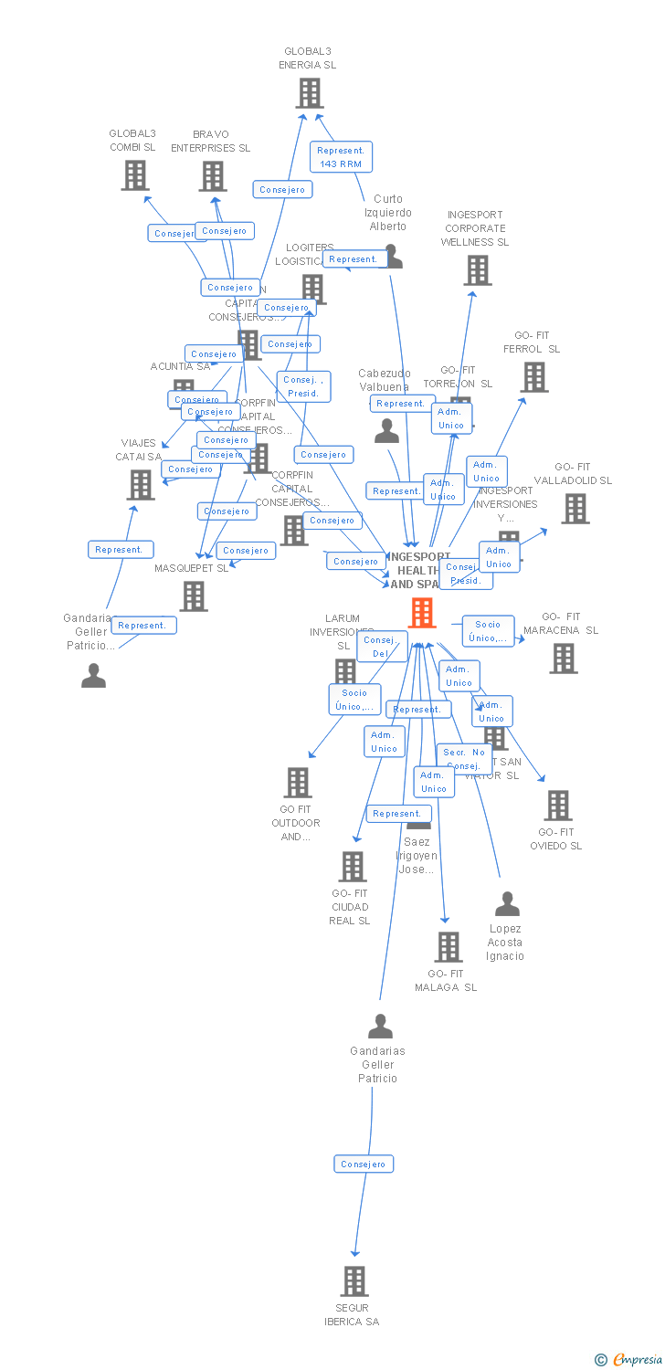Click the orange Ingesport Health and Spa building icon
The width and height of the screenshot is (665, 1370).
(x=421, y=613)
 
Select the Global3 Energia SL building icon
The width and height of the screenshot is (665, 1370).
(x=310, y=93)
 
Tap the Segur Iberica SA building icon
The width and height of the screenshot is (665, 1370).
(x=354, y=1280)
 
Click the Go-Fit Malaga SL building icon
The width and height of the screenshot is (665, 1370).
(x=448, y=947)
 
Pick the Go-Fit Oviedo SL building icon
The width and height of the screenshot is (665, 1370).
(x=557, y=806)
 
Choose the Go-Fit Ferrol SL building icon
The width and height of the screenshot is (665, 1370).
(x=534, y=376)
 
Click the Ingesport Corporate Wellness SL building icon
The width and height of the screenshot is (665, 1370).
(x=477, y=270)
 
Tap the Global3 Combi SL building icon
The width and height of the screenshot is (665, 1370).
(x=135, y=175)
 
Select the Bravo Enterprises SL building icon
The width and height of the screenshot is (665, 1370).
(x=213, y=176)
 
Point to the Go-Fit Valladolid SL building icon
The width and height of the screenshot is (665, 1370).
(x=575, y=509)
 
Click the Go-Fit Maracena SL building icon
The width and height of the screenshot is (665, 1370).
(x=563, y=658)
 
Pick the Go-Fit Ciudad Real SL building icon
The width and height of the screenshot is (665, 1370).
(x=353, y=866)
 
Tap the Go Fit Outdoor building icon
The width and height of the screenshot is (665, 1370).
(x=297, y=783)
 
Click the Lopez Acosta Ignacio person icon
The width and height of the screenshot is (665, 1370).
(x=507, y=904)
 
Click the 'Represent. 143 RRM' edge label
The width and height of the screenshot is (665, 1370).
(x=341, y=157)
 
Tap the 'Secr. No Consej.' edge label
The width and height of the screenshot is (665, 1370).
(x=464, y=758)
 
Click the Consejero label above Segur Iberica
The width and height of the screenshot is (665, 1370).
(x=364, y=1164)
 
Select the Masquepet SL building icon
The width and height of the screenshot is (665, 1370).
(x=194, y=596)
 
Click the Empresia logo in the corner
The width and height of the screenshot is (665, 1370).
(x=629, y=1360)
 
